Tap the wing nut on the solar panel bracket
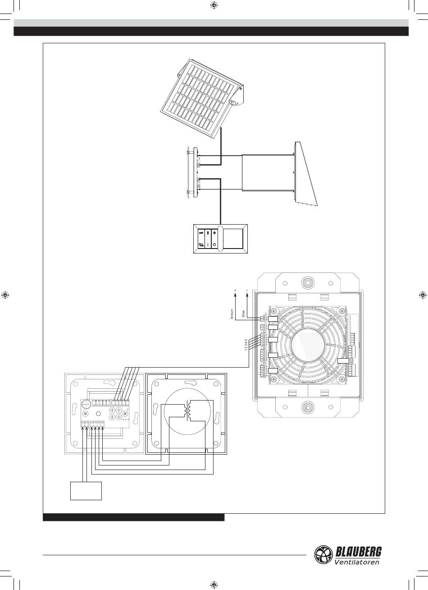234,102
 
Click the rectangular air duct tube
268,172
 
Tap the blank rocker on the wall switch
233,239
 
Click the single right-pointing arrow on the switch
201,233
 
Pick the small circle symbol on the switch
215,244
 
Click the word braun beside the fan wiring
232,314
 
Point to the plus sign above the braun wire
235,290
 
